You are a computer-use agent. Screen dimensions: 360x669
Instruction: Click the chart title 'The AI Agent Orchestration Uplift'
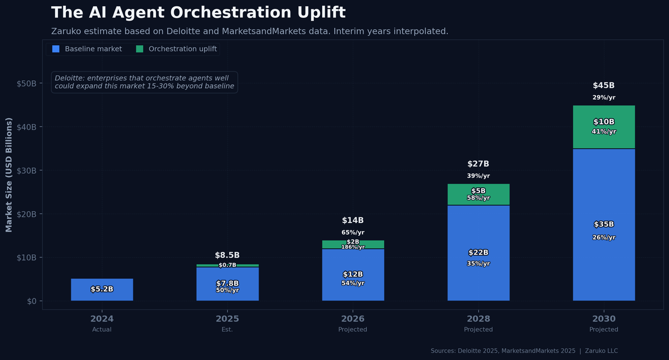pos(198,13)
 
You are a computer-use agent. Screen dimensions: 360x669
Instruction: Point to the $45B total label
pos(604,86)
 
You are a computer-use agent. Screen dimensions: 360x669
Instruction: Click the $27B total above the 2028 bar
pos(478,164)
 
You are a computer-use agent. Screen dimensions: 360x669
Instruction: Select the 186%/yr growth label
pos(353,247)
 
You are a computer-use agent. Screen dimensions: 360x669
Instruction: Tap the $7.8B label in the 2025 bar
pos(227,283)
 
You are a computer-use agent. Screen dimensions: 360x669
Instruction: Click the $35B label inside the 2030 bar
pos(604,225)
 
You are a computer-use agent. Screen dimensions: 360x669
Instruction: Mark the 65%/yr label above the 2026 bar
pos(353,232)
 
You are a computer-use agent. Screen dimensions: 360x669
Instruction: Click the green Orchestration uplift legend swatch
pos(139,49)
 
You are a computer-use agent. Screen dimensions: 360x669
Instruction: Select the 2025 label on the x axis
pos(227,319)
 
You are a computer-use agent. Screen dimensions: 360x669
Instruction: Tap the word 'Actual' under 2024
pos(102,329)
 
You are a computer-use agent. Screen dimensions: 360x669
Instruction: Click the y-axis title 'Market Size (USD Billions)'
pos(9,175)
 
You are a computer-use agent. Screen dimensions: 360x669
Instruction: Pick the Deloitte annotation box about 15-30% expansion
pos(144,82)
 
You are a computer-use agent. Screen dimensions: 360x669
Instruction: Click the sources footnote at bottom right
pos(524,351)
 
